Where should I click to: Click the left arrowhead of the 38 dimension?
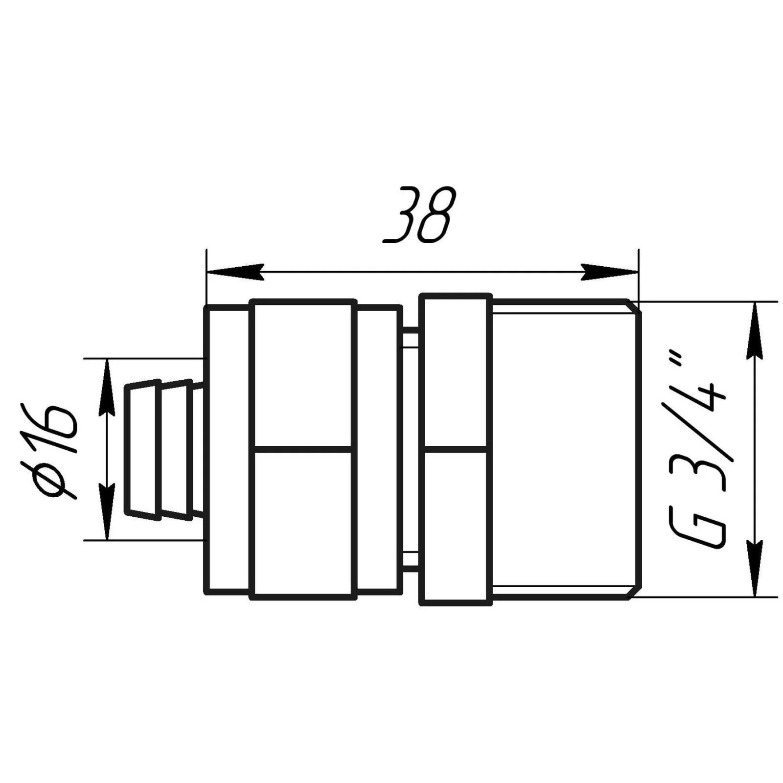(235, 272)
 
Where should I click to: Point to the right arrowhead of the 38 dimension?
(609, 272)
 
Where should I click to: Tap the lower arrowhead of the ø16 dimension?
(107, 511)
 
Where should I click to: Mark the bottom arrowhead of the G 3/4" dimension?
(756, 568)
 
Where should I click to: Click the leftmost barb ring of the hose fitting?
(143, 449)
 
